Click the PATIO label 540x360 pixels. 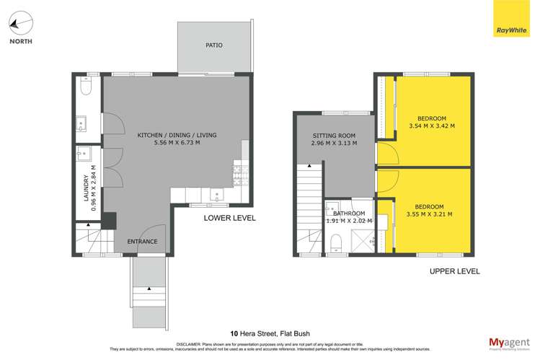coord(214,45)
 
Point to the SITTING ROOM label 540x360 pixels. coord(334,136)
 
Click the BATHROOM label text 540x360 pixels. coord(348,214)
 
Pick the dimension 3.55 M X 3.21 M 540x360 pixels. coord(430,214)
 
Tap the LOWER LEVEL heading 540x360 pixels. coord(229,217)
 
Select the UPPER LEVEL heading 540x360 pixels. coord(454,271)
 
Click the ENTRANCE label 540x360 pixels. coord(142,241)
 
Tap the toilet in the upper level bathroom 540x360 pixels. coord(335,245)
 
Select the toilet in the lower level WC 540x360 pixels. coord(87,87)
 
